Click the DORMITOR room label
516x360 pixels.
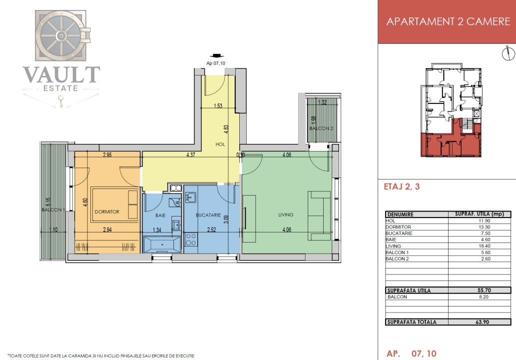(x=107, y=212)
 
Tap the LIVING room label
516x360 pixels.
(x=286, y=214)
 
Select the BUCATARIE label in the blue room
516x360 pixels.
(x=208, y=215)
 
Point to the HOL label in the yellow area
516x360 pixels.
(x=220, y=144)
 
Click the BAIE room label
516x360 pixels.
(x=160, y=215)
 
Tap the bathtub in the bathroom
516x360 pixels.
(x=162, y=244)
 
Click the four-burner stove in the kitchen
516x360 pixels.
(x=191, y=239)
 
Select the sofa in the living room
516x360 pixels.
(x=319, y=215)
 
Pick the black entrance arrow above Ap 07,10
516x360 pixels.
(x=216, y=56)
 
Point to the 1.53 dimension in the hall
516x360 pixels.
(x=218, y=106)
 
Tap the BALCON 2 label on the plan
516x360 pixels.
(x=321, y=128)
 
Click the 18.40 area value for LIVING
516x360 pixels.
(x=485, y=246)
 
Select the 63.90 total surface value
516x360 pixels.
(x=482, y=322)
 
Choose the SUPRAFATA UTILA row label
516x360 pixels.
(x=409, y=290)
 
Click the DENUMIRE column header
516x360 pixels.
(x=400, y=214)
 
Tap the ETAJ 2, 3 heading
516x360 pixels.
(x=402, y=187)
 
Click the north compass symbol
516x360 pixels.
(x=508, y=53)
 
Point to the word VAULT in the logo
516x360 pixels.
(x=61, y=74)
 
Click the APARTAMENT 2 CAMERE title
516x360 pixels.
(x=448, y=21)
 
